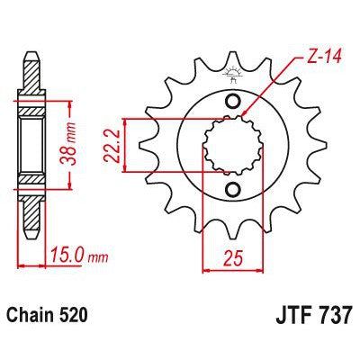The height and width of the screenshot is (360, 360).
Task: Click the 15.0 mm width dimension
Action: [75, 255]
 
